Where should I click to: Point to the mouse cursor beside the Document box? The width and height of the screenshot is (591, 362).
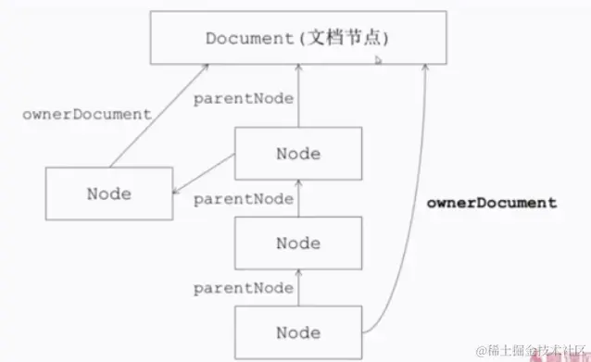[x=378, y=59]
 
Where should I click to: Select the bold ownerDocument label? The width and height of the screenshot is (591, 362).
[x=492, y=202]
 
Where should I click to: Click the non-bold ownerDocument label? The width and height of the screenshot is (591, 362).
[x=86, y=115]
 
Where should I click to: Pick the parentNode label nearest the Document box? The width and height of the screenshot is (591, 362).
[x=244, y=98]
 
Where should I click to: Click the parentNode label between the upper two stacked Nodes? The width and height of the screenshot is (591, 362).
[x=244, y=198]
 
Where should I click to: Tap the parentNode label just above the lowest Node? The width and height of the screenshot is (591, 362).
[x=244, y=289]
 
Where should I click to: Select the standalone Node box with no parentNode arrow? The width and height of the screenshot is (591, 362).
[x=108, y=193]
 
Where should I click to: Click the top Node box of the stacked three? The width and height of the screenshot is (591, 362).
[x=297, y=153]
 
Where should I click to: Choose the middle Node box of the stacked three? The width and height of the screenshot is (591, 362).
[x=297, y=243]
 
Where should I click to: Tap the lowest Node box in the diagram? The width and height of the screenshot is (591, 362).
[x=297, y=332]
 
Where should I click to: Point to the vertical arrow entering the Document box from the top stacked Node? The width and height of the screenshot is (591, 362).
[x=298, y=97]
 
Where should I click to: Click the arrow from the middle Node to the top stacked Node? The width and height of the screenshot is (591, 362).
[x=298, y=198]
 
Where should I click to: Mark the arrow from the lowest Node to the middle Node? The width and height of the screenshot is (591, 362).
[x=298, y=288]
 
